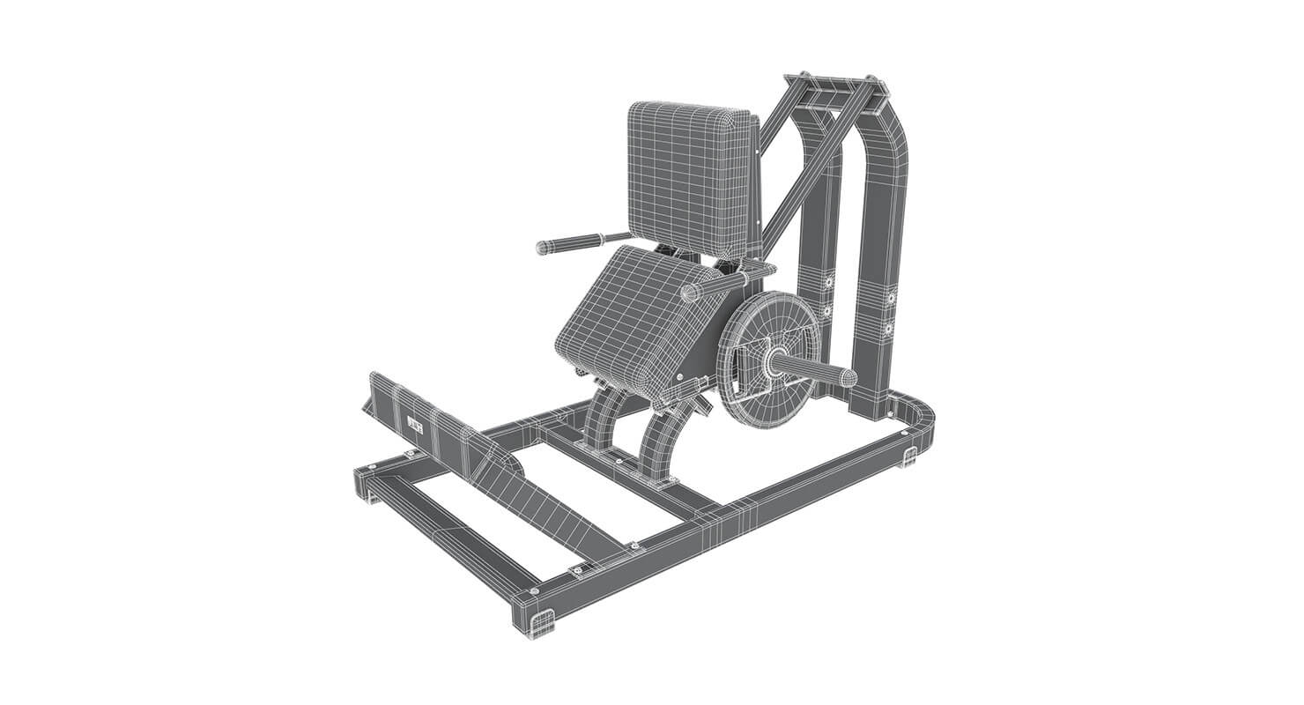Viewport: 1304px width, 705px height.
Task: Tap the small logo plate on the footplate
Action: pos(416,427)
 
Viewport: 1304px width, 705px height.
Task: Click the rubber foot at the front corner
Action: pos(542,623)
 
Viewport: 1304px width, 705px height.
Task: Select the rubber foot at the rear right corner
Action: pos(909,457)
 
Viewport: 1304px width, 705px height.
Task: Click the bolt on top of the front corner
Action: pos(534,591)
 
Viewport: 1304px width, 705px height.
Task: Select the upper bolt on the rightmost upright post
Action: pos(891,297)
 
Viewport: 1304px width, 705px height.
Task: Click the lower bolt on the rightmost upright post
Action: pos(889,329)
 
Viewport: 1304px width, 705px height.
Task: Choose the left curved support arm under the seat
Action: pos(604,423)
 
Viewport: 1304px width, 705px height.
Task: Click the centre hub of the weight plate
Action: pos(775,360)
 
